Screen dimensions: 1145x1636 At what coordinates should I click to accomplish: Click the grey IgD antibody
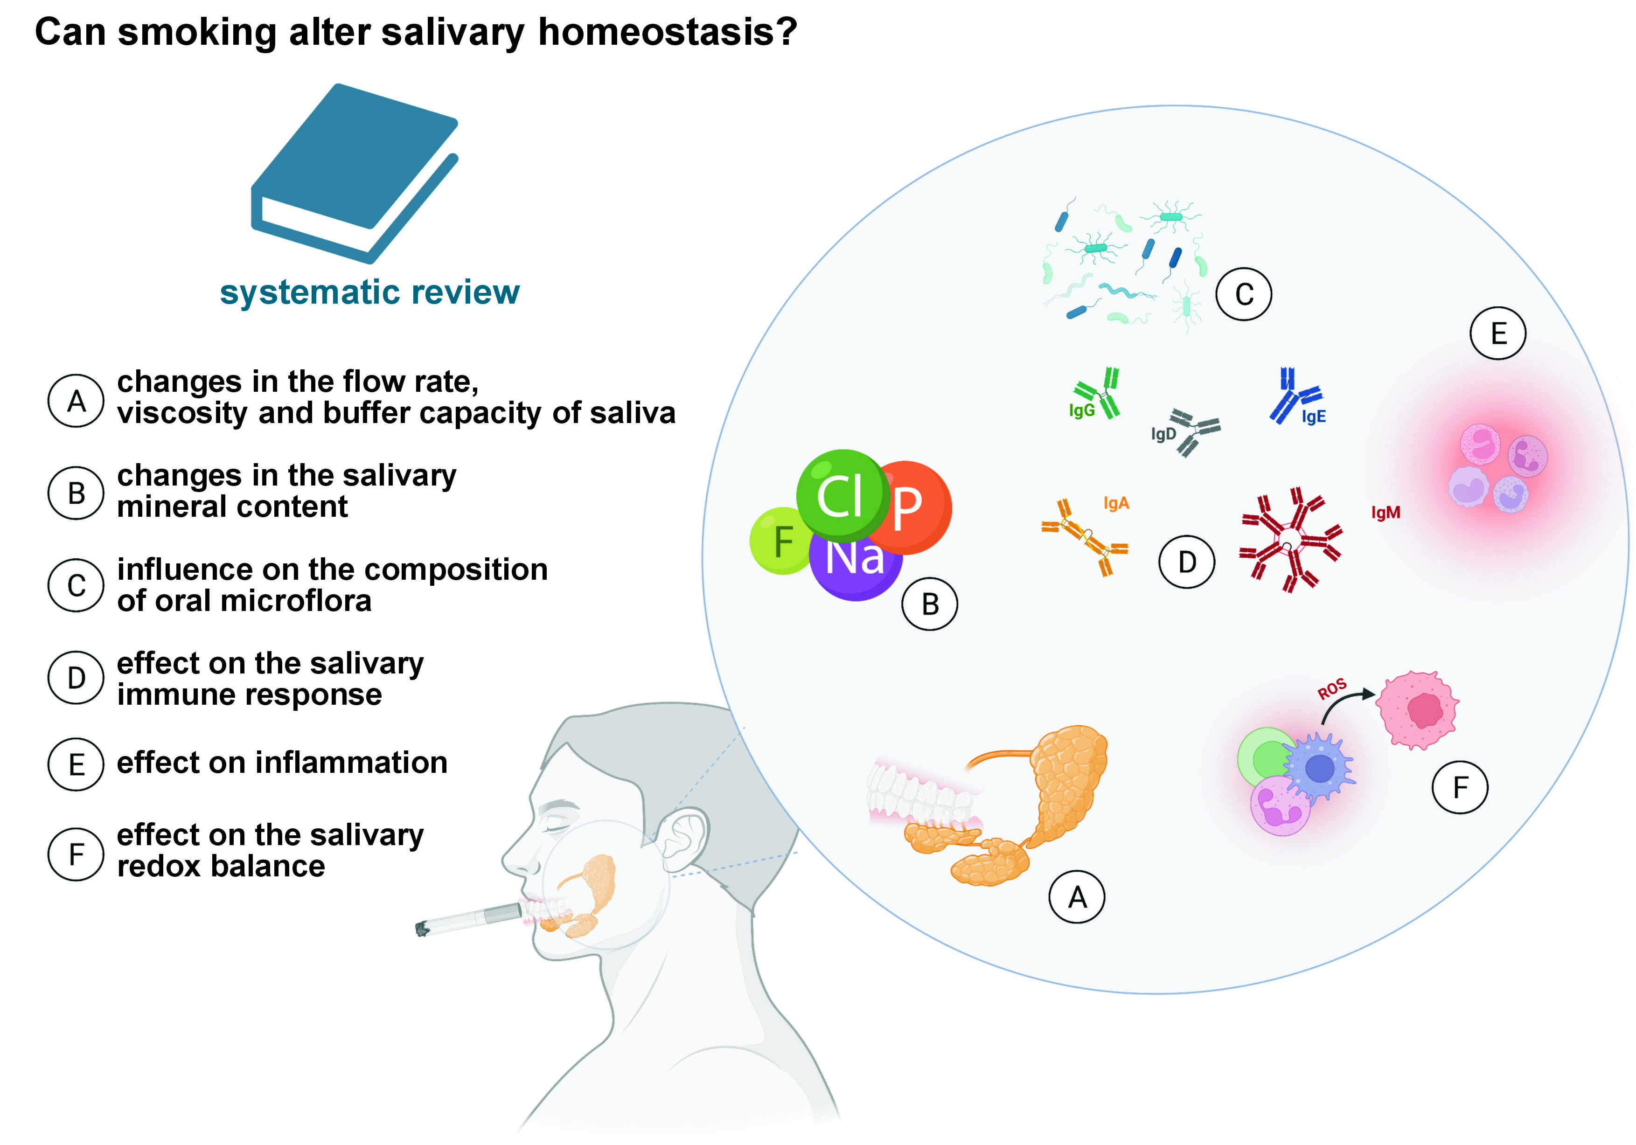tap(1193, 431)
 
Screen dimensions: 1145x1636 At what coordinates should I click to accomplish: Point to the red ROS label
tap(1331, 688)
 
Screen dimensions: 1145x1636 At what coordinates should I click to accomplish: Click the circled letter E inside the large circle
tap(1498, 333)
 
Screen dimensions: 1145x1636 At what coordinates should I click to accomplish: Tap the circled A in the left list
tap(76, 401)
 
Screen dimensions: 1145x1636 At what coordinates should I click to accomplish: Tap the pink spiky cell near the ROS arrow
tap(1417, 710)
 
